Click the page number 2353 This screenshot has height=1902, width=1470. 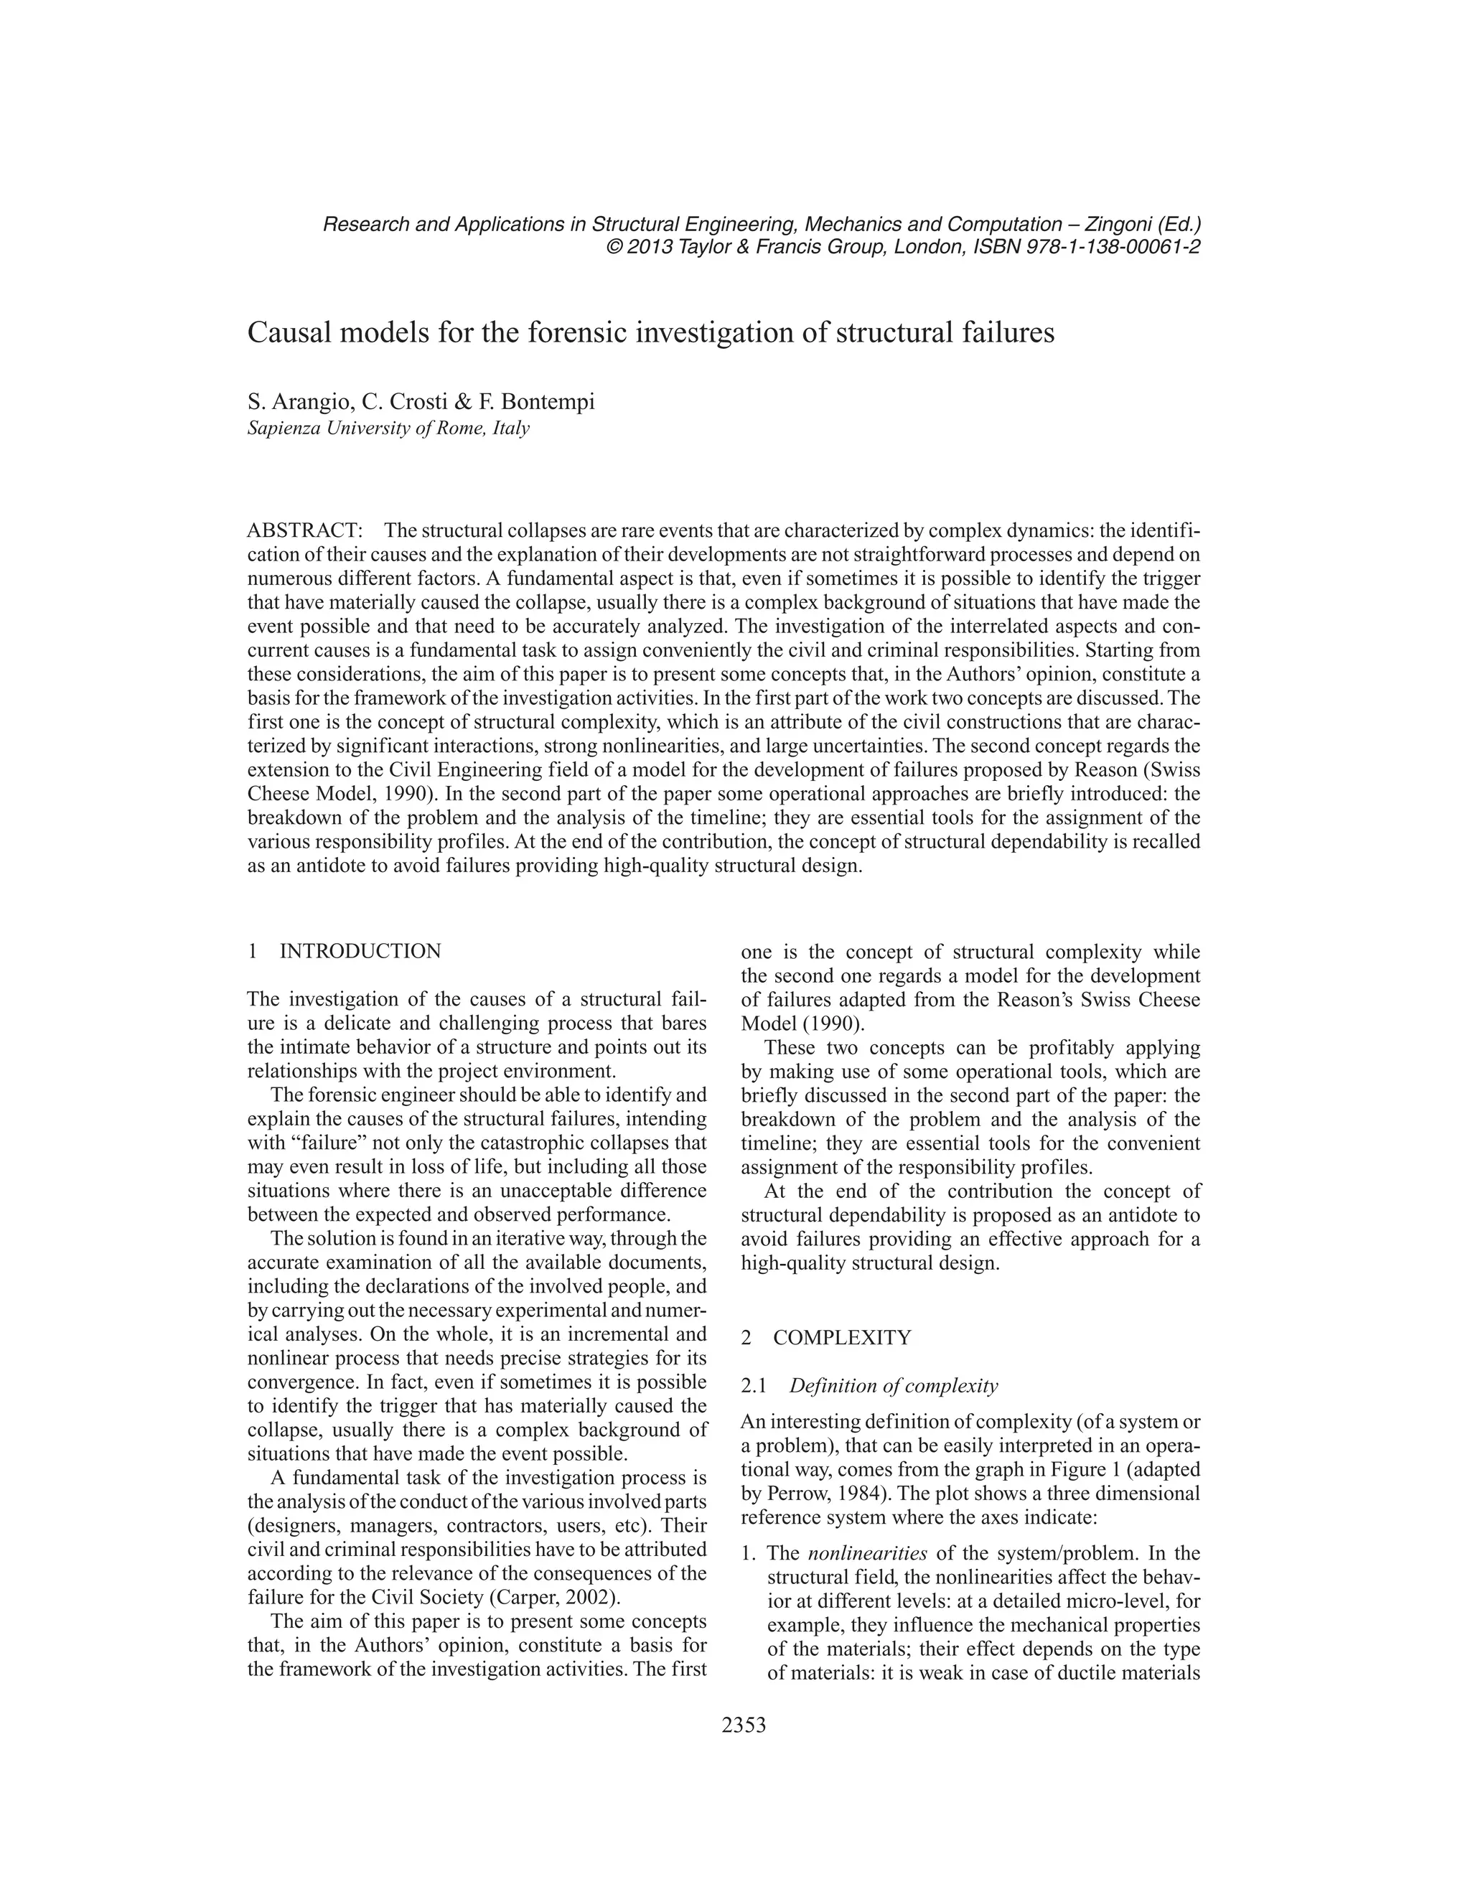(x=743, y=1724)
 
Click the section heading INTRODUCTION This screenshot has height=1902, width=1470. (x=360, y=951)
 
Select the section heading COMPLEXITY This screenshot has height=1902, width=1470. (x=841, y=1338)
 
